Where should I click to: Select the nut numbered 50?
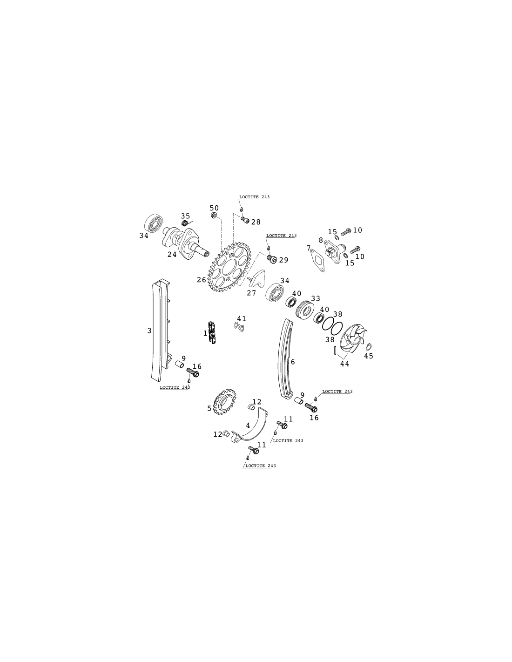214,216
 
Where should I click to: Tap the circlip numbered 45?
369,346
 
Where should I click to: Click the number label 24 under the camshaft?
172,254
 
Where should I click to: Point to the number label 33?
316,298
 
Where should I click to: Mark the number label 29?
283,260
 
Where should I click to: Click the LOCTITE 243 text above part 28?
254,197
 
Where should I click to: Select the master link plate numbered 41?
239,327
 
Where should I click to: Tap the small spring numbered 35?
185,223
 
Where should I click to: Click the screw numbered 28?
245,219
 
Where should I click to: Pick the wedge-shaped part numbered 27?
256,278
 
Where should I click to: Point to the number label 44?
344,364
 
